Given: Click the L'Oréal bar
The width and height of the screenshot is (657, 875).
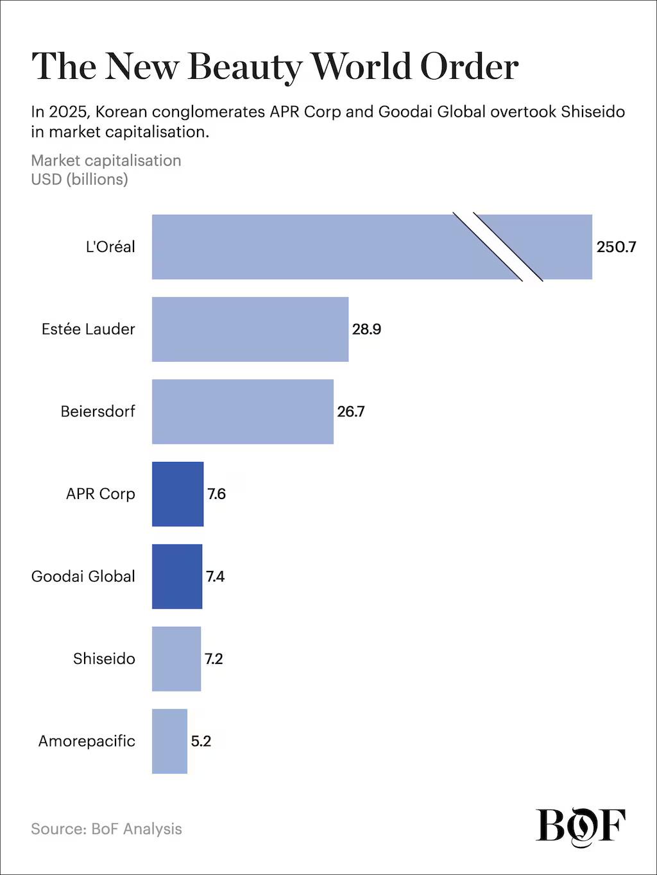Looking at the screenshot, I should [302, 247].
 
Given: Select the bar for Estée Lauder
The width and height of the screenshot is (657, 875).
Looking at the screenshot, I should [250, 329].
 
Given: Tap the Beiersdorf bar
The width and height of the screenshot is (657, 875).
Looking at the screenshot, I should [243, 411].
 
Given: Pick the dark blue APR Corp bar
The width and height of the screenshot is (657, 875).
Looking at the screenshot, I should [178, 494].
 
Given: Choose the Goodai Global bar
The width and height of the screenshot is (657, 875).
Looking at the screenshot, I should [177, 576].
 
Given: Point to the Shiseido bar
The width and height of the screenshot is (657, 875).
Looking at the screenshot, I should [176, 659].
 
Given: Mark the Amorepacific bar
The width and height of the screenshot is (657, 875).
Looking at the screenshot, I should [169, 741].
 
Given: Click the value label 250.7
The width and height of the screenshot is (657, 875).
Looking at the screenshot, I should [616, 247].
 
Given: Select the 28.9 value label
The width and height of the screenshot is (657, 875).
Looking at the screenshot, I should [366, 329].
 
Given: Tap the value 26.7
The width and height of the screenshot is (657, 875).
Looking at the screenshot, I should [351, 411].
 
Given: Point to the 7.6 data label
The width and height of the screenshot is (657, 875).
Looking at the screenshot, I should [216, 494].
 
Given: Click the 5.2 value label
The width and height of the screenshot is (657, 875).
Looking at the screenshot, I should [201, 741].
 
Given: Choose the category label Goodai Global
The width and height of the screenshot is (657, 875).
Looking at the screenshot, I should [83, 576].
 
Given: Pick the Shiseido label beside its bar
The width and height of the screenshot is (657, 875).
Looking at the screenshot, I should [104, 659].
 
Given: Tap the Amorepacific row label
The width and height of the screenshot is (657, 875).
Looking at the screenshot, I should [87, 741].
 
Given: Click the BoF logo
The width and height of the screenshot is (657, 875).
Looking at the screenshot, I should [581, 826].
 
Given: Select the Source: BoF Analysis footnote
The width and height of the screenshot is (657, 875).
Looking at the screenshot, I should [107, 829].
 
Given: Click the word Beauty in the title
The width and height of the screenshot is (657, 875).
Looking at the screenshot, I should [244, 67].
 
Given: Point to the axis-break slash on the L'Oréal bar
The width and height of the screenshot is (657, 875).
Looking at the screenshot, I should [498, 247].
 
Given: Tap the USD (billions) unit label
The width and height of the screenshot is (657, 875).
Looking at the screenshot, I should [80, 179].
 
